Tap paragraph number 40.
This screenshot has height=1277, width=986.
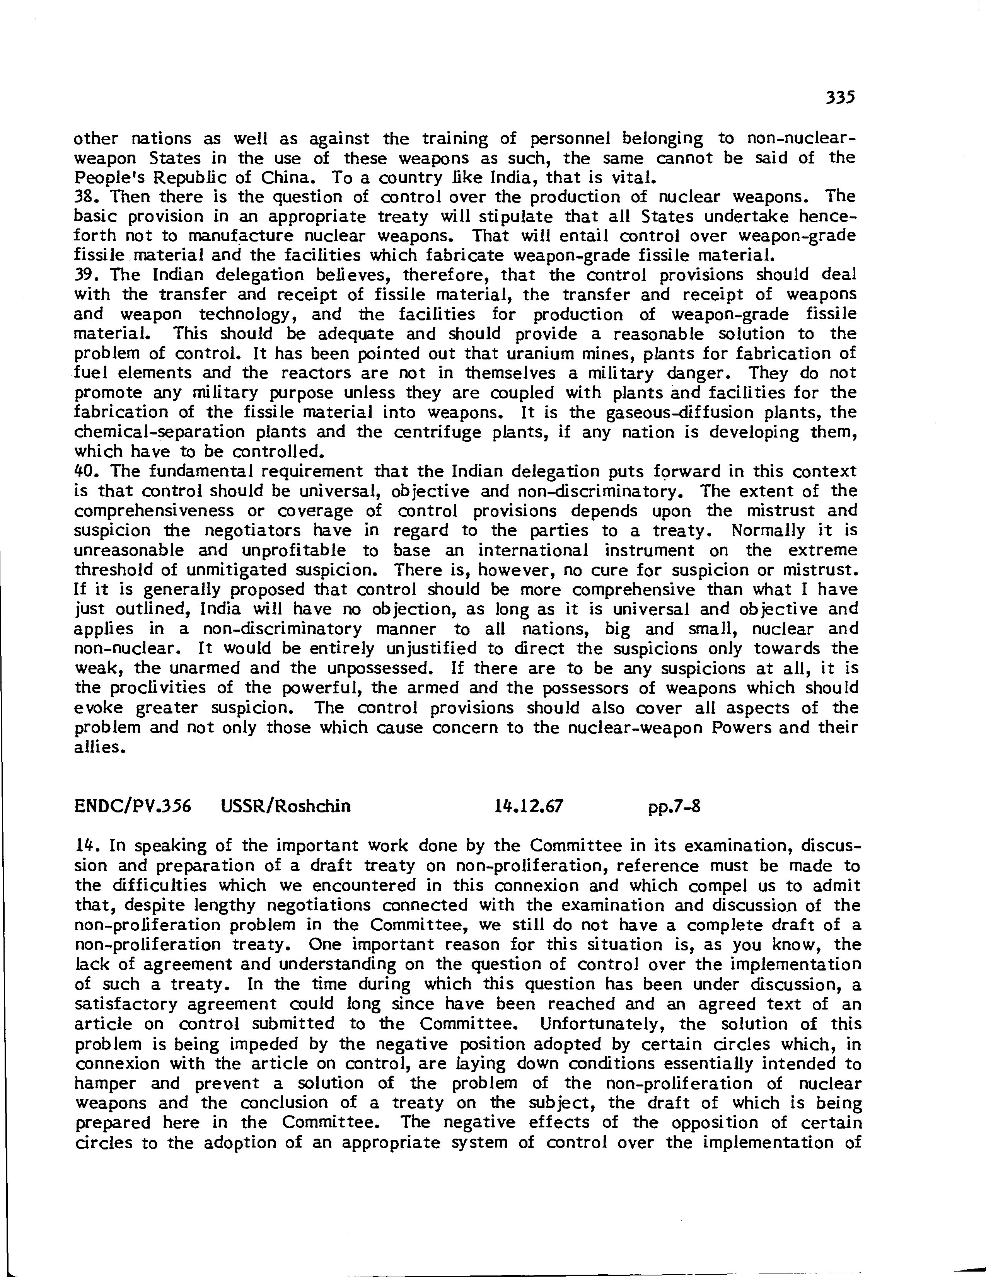86,471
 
